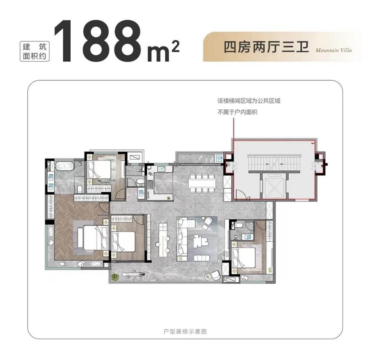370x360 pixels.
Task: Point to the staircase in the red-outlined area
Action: [274, 163]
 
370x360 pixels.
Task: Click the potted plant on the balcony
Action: [115, 276]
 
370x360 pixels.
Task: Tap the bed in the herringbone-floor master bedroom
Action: [92, 237]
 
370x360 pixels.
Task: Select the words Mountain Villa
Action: [333, 50]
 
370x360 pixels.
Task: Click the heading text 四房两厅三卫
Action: [266, 47]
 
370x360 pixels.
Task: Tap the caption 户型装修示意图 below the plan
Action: [185, 332]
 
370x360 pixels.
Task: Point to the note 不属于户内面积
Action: [237, 112]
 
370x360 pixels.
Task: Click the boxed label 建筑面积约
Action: [35, 51]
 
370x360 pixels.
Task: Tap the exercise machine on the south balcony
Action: [133, 274]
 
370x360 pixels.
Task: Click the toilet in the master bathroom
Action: [80, 189]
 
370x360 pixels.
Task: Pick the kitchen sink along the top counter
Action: [162, 169]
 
